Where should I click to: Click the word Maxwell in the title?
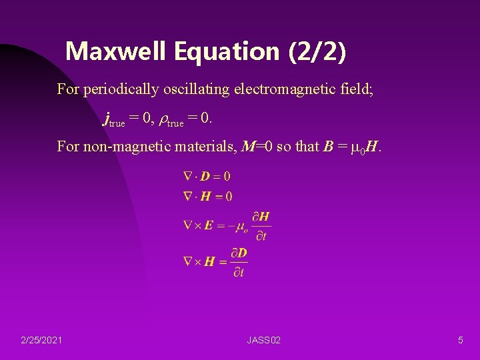[107, 51]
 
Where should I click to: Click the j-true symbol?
[114, 120]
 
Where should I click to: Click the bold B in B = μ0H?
[327, 146]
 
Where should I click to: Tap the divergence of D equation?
[207, 177]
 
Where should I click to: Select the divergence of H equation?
[207, 196]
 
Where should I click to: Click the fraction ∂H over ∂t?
[261, 226]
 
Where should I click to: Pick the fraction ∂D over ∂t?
[238, 262]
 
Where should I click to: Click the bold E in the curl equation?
[209, 226]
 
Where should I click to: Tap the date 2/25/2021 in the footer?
[42, 341]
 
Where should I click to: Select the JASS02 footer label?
[263, 341]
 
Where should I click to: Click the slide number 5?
[460, 341]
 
